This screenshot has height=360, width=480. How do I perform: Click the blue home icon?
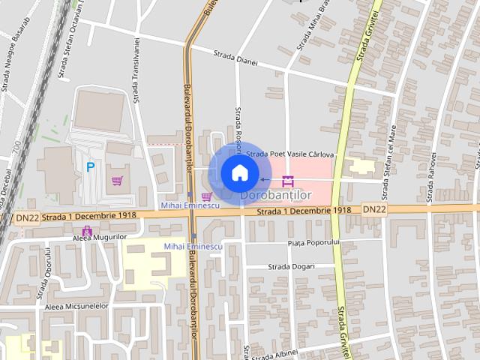coord(238,173)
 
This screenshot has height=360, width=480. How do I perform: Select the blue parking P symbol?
coord(91,168)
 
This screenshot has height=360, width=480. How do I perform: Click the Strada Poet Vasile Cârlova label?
coord(289,154)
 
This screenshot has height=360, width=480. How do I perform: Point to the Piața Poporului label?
coord(313,242)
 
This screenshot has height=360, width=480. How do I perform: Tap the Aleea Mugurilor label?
coord(100,237)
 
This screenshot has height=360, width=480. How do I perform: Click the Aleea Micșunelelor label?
coord(76,306)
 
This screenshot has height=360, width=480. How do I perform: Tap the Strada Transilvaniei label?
coord(136,70)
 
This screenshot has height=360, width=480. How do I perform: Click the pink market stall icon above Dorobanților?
coord(288,181)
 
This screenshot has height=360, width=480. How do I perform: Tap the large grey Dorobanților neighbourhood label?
coord(276,196)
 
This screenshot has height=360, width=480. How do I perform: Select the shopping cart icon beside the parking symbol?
coord(117,181)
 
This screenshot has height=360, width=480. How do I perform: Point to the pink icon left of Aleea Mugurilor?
coord(87,231)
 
